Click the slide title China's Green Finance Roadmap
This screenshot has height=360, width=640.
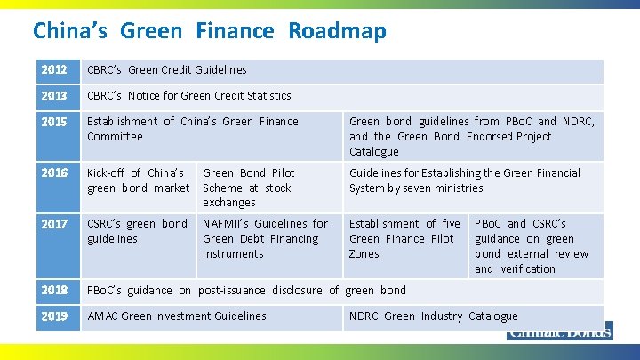pos(210,31)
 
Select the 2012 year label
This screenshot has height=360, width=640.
pos(54,70)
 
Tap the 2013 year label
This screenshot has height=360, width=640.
pos(54,96)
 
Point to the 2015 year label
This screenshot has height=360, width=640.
pos(54,122)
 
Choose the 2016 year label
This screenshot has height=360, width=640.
pos(54,173)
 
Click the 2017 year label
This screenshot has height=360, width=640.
pos(54,224)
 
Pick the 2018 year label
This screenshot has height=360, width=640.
pos(54,291)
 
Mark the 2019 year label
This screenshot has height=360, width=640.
pos(54,316)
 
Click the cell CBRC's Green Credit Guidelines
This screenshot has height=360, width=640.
pos(167,70)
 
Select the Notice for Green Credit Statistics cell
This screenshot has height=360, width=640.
pos(189,96)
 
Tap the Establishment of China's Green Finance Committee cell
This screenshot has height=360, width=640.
pos(193,129)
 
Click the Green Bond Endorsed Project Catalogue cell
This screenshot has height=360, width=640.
pos(471,136)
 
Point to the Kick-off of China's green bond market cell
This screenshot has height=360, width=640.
pos(138,180)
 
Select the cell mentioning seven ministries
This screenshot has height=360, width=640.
pos(464,180)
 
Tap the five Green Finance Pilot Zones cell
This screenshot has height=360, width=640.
pos(404,238)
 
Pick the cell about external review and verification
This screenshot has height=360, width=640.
pos(532,245)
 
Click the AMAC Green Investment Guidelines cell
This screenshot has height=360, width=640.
pos(177,316)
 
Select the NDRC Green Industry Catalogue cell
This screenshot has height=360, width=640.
pos(434,316)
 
